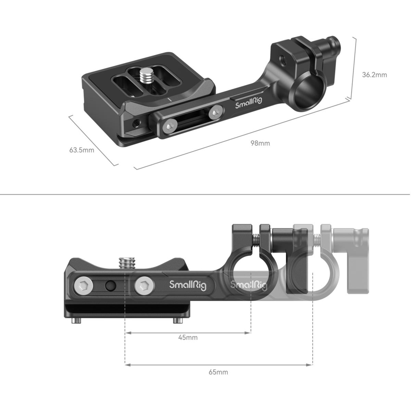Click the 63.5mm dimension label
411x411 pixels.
click(x=82, y=150)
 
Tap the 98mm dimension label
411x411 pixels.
click(x=260, y=143)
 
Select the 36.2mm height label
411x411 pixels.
click(x=374, y=75)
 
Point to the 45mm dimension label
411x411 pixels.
click(x=188, y=337)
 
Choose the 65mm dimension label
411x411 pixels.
click(x=218, y=372)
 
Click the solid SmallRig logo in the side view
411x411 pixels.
click(x=188, y=285)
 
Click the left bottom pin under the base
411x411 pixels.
click(x=76, y=321)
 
